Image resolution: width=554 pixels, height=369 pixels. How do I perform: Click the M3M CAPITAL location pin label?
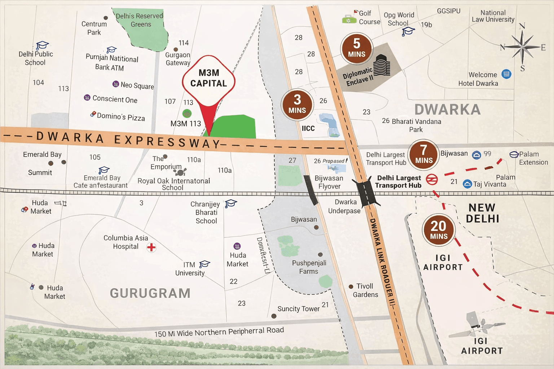click(208, 78)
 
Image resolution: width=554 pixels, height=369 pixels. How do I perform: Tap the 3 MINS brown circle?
click(297, 104)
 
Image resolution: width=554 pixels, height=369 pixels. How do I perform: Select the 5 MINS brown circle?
click(356, 48)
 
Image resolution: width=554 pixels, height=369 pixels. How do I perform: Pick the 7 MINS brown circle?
click(424, 155)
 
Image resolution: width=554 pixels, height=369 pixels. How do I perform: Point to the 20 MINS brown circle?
click(439, 230)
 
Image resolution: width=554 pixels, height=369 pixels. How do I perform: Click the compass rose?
click(522, 47)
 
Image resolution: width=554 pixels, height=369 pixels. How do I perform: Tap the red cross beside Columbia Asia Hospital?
click(151, 247)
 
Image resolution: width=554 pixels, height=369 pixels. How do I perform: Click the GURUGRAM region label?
click(150, 293)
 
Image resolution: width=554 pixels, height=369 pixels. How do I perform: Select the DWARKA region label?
click(447, 110)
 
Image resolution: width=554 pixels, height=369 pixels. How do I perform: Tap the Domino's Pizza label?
click(121, 117)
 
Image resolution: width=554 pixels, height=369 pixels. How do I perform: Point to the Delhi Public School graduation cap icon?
click(42, 45)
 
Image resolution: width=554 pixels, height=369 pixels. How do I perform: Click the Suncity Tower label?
click(298, 309)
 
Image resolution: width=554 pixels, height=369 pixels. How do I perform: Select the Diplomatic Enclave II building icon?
click(382, 65)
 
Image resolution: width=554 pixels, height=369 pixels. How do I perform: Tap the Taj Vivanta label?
click(489, 184)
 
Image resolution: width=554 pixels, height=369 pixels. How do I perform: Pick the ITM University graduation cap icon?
click(205, 264)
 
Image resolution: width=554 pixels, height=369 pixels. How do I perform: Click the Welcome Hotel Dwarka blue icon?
click(506, 74)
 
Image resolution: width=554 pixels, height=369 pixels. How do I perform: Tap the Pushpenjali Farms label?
click(309, 267)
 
